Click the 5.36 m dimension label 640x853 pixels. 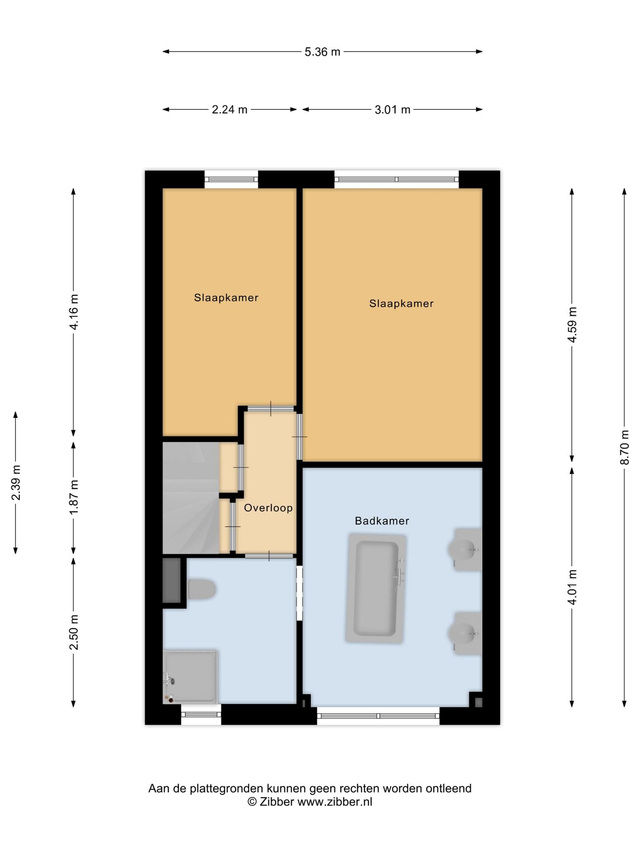tap(322, 52)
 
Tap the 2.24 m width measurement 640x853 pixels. tap(230, 110)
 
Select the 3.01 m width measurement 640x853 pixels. tap(392, 110)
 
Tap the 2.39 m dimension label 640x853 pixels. tap(16, 483)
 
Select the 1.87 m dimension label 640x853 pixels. tap(74, 496)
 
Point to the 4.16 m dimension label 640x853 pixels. tap(74, 312)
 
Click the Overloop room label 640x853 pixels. tap(268, 508)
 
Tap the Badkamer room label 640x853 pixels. tap(382, 521)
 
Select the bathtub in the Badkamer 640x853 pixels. tap(376, 589)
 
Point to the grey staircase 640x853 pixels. tap(190, 498)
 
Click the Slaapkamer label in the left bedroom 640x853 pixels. tap(226, 298)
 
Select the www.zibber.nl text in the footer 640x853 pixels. tap(335, 802)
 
